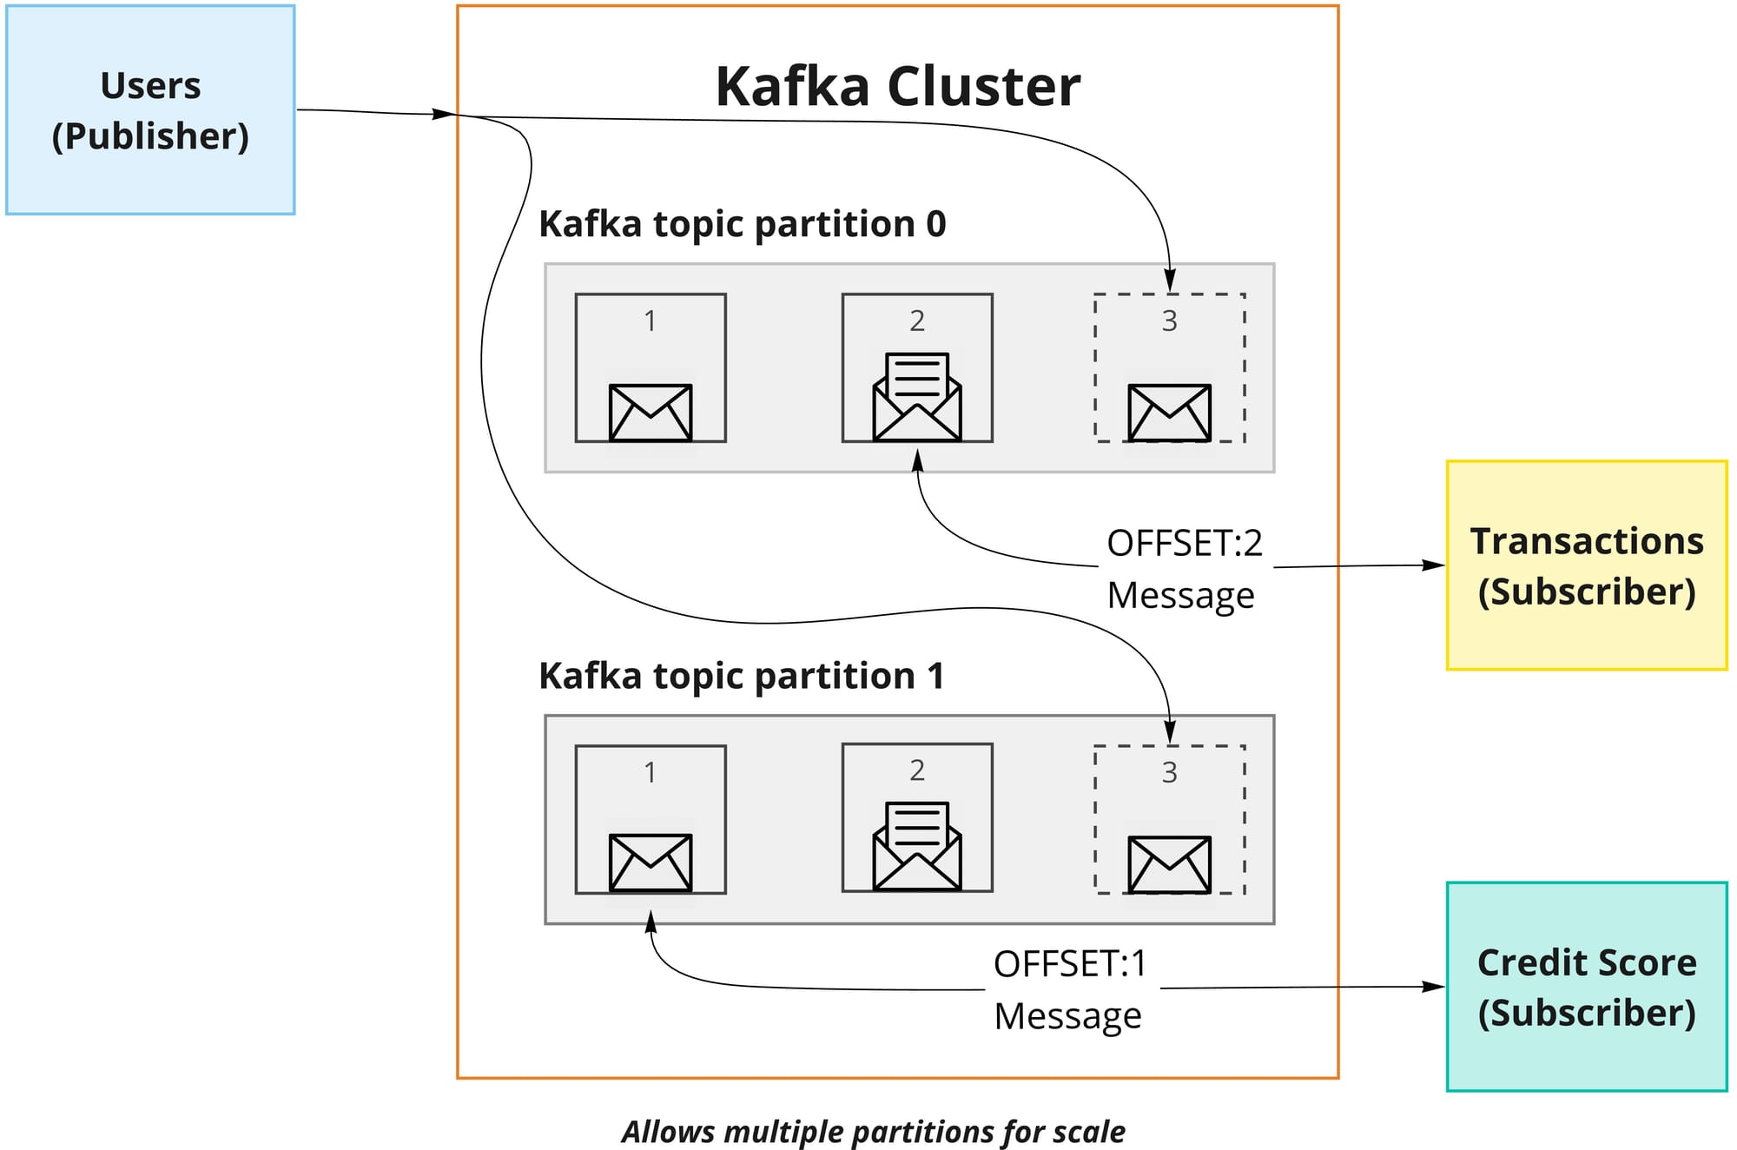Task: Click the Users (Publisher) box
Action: (150, 110)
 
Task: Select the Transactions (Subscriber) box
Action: (1586, 565)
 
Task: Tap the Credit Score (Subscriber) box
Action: (1586, 987)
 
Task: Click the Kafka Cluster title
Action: (897, 86)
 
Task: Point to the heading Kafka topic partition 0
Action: (742, 224)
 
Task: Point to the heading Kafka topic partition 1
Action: (741, 676)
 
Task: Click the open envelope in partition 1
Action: (917, 846)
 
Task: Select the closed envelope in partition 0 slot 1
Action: (651, 413)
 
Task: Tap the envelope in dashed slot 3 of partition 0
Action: (1169, 413)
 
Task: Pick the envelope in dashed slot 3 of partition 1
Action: (1169, 864)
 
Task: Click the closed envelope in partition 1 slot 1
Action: (651, 862)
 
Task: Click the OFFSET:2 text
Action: (1184, 543)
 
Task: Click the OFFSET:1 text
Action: (1070, 964)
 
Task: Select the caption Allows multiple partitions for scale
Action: (873, 1132)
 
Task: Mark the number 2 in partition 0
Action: (917, 321)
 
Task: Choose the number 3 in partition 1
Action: (1169, 772)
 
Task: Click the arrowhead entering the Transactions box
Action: (1435, 565)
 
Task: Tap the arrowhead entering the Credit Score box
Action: (1435, 987)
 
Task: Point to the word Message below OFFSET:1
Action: (1067, 1015)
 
